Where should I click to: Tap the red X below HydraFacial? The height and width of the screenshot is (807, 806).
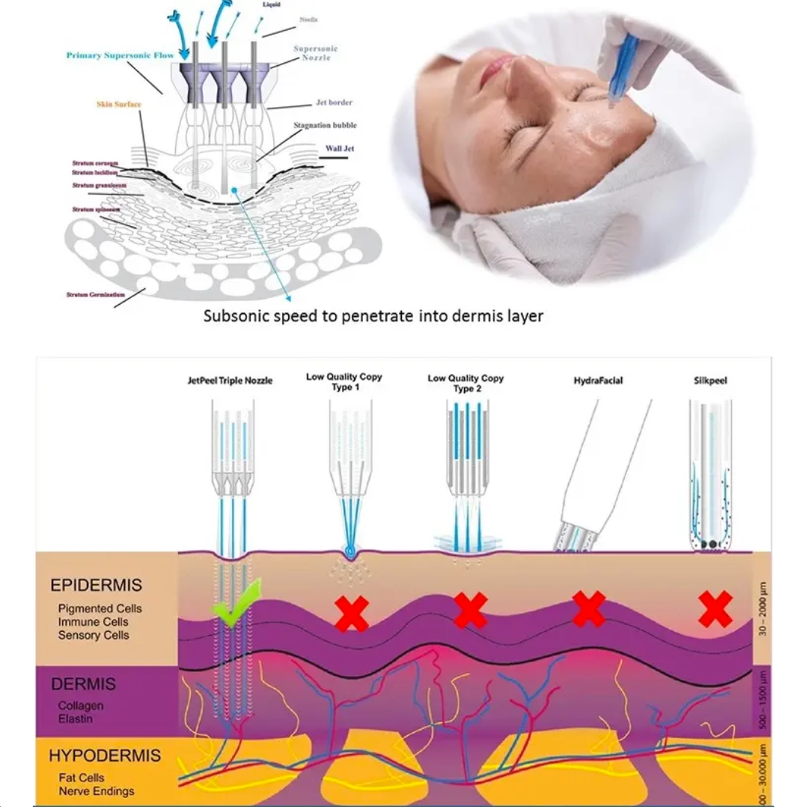coord(589,609)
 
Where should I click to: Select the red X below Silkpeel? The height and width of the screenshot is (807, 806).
coord(715,609)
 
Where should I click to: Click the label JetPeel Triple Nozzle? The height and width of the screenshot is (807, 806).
coord(230,381)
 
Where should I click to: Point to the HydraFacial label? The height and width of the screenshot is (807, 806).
coord(598,381)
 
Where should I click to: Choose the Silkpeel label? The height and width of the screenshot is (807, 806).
coord(710,381)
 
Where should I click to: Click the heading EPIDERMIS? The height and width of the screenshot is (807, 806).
coord(96,585)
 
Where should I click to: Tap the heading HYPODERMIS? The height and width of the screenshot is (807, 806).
coord(105,755)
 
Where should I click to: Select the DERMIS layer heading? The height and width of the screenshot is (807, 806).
coord(84,684)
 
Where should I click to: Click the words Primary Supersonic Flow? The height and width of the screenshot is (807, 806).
coord(120,55)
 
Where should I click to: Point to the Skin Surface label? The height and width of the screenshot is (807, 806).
coord(118,104)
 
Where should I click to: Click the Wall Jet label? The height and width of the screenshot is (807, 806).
coord(339,148)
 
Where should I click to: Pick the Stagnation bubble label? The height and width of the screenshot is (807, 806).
coord(325,125)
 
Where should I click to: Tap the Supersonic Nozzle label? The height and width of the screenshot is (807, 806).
coord(315,53)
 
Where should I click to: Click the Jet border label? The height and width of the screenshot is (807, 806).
coord(334,103)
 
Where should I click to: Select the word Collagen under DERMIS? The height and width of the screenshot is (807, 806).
coord(81,706)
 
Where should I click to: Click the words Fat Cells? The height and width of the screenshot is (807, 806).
coord(81,778)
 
